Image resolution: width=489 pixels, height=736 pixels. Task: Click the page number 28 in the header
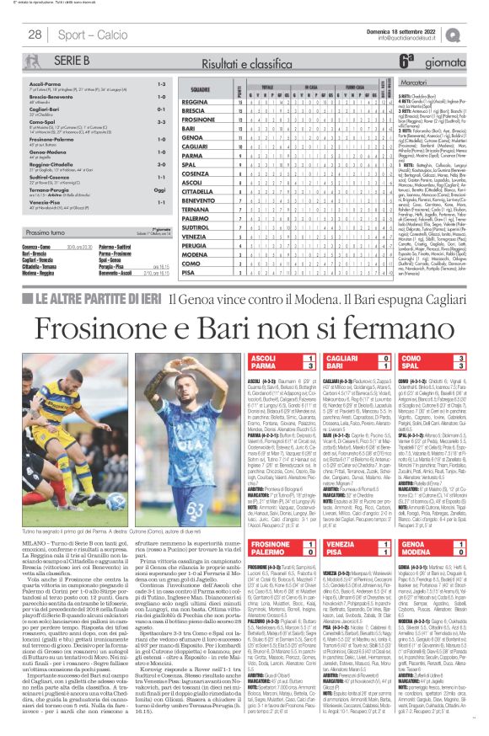35,34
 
